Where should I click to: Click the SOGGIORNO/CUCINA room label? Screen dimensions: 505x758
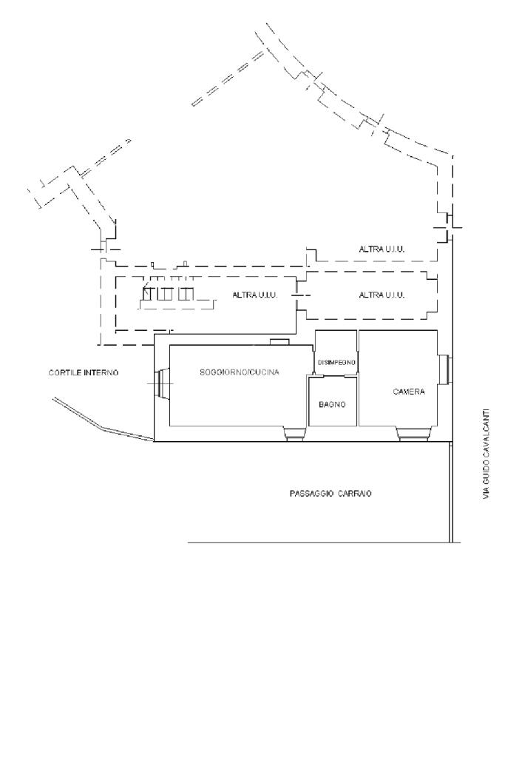pos(239,372)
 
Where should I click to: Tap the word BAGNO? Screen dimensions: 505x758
pos(332,405)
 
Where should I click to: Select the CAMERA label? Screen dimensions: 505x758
pos(408,391)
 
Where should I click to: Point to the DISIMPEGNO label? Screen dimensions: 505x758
pos(336,362)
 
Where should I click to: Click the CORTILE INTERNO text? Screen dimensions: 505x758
pos(84,372)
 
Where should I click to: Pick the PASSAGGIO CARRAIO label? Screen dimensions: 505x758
pos(330,493)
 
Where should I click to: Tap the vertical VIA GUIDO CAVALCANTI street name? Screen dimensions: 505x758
pos(486,452)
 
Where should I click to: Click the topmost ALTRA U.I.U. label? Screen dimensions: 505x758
pos(382,249)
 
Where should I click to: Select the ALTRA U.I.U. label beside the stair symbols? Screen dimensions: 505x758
pos(255,295)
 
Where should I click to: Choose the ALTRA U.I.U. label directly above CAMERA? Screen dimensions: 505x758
pos(382,295)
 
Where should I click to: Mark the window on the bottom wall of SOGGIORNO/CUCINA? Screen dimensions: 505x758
pos(294,435)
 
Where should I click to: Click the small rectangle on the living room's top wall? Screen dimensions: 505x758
pos(279,341)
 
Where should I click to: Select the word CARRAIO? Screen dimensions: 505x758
pos(355,493)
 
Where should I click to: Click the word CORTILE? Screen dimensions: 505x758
pos(65,372)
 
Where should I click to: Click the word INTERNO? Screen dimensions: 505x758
pos(102,372)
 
